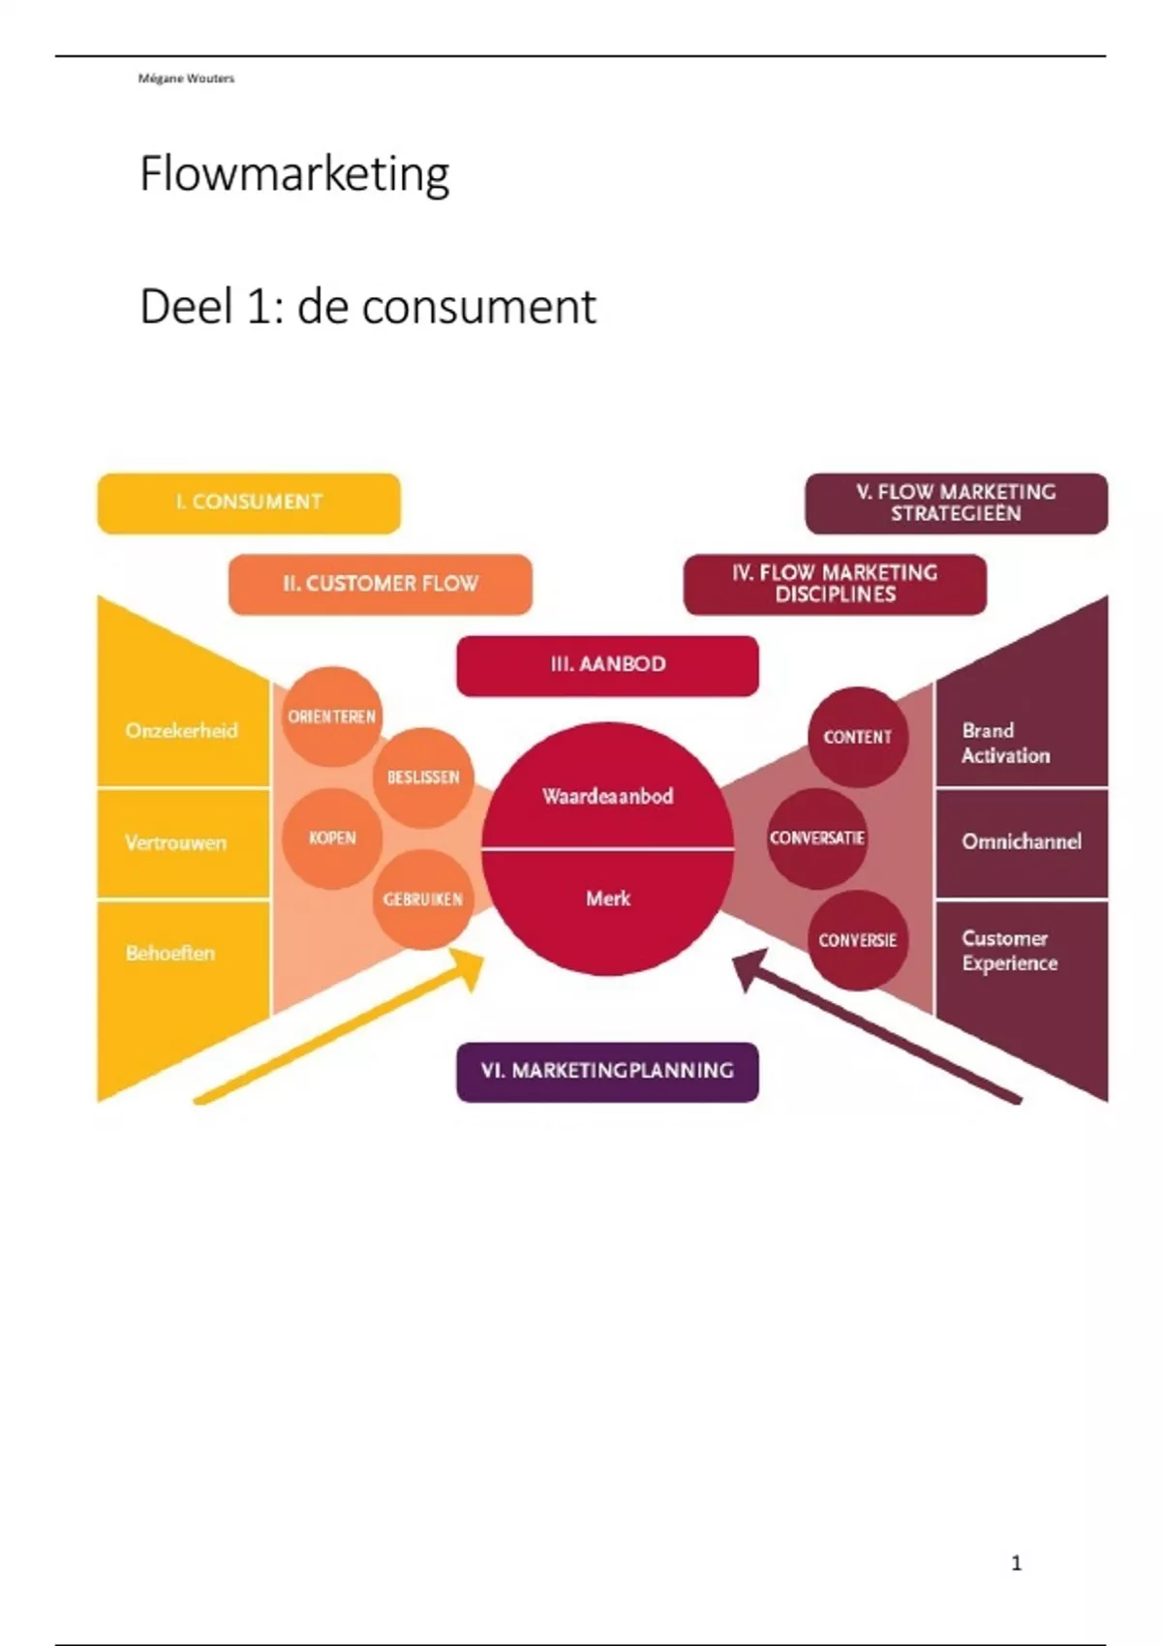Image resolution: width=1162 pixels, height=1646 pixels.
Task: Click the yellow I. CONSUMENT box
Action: click(249, 503)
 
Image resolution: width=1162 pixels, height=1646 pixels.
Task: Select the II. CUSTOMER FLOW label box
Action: click(381, 584)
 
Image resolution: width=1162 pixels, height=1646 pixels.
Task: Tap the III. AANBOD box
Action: click(607, 665)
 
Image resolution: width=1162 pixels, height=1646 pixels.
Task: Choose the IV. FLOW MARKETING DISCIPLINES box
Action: click(835, 584)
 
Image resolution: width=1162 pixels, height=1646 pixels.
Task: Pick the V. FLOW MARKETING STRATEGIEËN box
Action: click(956, 503)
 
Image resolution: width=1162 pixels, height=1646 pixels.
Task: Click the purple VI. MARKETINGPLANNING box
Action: click(607, 1071)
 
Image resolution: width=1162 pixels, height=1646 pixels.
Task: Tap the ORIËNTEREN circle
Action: click(332, 716)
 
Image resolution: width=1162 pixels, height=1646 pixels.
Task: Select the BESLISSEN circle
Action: click(423, 777)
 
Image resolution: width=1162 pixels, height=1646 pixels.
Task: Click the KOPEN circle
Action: click(332, 838)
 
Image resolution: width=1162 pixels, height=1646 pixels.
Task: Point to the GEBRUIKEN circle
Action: click(423, 899)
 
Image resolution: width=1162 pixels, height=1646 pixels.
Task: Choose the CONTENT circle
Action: click(857, 737)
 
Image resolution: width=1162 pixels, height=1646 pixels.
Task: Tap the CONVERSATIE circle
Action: click(817, 838)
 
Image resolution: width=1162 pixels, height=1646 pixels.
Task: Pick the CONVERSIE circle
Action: click(857, 940)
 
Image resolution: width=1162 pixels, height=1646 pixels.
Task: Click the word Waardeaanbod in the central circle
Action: click(607, 797)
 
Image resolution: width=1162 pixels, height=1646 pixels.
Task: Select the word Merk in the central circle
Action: click(607, 899)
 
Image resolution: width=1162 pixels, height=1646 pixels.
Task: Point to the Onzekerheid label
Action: click(181, 731)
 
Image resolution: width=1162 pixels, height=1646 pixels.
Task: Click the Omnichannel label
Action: click(1022, 841)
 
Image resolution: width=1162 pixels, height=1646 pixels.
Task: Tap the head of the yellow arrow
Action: click(469, 965)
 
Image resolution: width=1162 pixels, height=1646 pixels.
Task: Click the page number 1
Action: click(1016, 1563)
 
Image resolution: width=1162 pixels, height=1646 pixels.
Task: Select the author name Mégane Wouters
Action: click(186, 78)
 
